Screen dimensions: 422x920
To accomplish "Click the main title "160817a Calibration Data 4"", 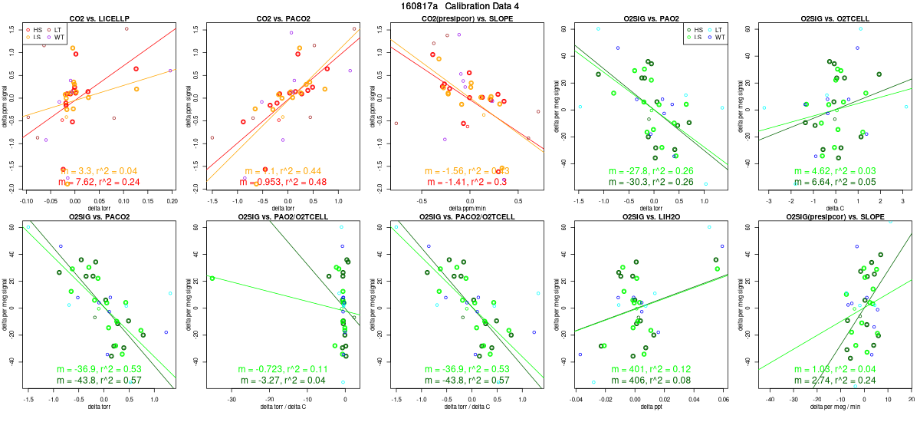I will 460,6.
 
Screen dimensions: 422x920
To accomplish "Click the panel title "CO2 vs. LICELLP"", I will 98,18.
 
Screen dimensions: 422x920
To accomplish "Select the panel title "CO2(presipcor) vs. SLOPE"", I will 466,18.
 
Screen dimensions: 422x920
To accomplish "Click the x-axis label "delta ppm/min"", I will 466,208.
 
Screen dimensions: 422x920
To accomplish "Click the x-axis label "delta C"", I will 834,208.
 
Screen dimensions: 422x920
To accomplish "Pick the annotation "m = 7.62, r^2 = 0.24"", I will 98,182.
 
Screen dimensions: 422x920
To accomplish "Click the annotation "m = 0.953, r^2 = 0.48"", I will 282,182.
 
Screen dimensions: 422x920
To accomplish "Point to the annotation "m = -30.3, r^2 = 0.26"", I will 650,182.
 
